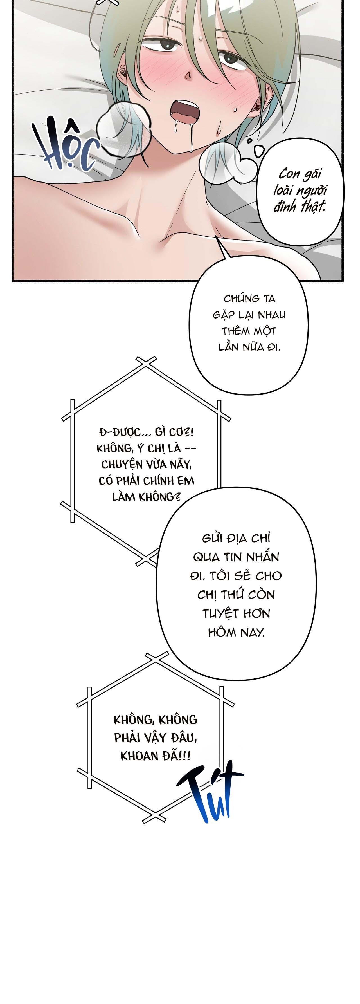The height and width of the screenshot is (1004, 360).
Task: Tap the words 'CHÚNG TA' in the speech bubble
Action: (x=249, y=299)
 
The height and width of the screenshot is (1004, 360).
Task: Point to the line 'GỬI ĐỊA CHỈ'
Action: (x=236, y=538)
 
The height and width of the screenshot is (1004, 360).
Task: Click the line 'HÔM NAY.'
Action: (x=236, y=632)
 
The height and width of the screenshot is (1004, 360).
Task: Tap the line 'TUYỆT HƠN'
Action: (x=236, y=613)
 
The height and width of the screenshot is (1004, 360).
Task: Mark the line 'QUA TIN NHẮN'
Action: (x=236, y=557)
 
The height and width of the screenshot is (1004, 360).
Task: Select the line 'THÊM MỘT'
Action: (x=249, y=331)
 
